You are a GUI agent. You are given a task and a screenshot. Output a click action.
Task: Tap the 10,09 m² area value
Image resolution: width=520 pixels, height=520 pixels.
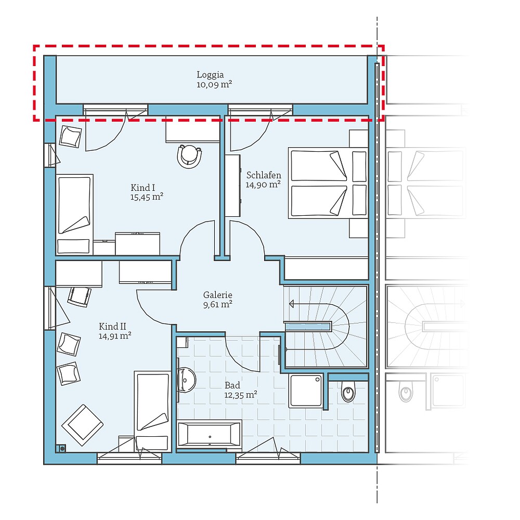pyautogui.click(x=214, y=84)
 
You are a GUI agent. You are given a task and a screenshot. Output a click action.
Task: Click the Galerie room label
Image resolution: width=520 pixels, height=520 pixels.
pyautogui.click(x=217, y=294)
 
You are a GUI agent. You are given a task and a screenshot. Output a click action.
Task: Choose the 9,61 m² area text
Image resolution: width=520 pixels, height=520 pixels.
pyautogui.click(x=217, y=304)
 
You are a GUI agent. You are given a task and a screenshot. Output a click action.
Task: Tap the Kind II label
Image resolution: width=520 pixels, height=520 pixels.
pyautogui.click(x=113, y=326)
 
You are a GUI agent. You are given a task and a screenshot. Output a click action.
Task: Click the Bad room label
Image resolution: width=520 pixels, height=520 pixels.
pyautogui.click(x=232, y=385)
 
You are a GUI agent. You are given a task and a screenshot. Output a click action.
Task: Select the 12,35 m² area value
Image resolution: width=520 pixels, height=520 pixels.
pyautogui.click(x=241, y=395)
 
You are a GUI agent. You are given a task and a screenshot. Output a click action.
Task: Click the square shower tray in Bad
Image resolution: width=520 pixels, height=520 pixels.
pyautogui.click(x=306, y=390)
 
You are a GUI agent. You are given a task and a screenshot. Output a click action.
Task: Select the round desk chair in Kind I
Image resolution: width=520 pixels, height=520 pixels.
pyautogui.click(x=189, y=155)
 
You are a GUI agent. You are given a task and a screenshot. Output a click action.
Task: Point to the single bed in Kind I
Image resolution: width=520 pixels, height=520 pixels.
pyautogui.click(x=74, y=214)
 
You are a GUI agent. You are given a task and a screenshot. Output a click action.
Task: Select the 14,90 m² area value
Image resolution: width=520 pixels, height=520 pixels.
pyautogui.click(x=264, y=184)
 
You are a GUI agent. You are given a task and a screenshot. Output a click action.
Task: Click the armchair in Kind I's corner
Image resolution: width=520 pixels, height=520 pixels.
pyautogui.click(x=70, y=136)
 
